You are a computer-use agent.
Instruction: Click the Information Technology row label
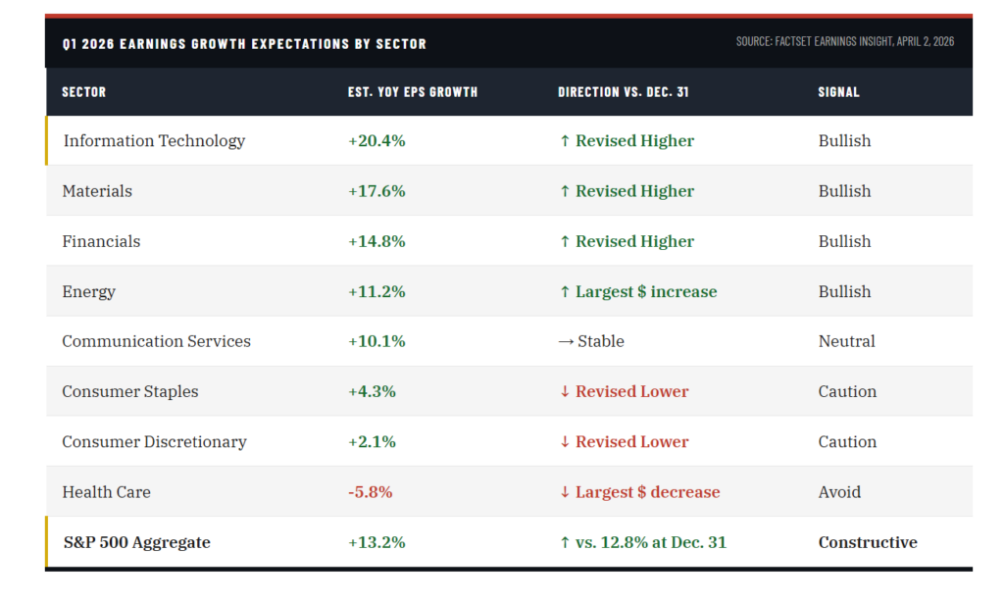click(x=154, y=141)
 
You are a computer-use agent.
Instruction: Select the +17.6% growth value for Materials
click(x=376, y=191)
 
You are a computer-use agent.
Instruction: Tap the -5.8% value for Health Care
click(x=372, y=492)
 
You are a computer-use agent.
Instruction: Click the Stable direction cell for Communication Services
click(x=591, y=341)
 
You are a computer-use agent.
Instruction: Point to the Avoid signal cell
click(x=839, y=492)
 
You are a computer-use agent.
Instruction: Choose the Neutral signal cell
click(x=846, y=341)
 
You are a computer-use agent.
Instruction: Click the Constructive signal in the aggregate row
click(x=868, y=542)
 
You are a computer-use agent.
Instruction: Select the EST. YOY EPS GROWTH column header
click(x=413, y=92)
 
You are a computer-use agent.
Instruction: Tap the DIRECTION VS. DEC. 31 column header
click(x=624, y=92)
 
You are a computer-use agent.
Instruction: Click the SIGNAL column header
click(x=838, y=92)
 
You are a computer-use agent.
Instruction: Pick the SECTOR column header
click(x=83, y=92)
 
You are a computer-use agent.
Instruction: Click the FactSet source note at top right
click(x=844, y=42)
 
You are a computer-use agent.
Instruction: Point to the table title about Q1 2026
click(x=244, y=44)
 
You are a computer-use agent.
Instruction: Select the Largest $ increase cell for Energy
click(x=637, y=291)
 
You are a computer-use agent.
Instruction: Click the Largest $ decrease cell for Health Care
click(x=639, y=492)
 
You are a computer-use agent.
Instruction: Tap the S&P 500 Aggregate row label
click(x=136, y=542)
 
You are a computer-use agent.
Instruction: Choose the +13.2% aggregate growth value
click(x=376, y=542)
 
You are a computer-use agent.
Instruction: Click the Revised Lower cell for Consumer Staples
click(x=624, y=391)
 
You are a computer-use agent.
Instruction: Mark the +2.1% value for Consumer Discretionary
click(x=372, y=442)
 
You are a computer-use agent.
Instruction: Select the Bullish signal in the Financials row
click(x=844, y=241)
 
